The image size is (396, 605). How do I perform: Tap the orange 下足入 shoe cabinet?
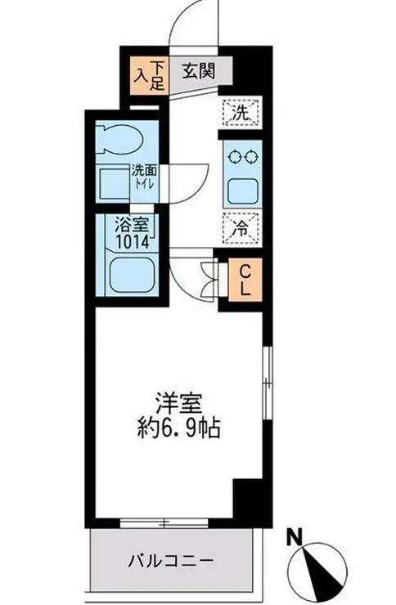[x=151, y=74]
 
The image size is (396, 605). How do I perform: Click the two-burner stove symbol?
[x=240, y=159]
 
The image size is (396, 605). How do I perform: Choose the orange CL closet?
[x=243, y=280]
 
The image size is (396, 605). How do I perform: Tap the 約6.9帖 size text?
[x=178, y=428]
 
